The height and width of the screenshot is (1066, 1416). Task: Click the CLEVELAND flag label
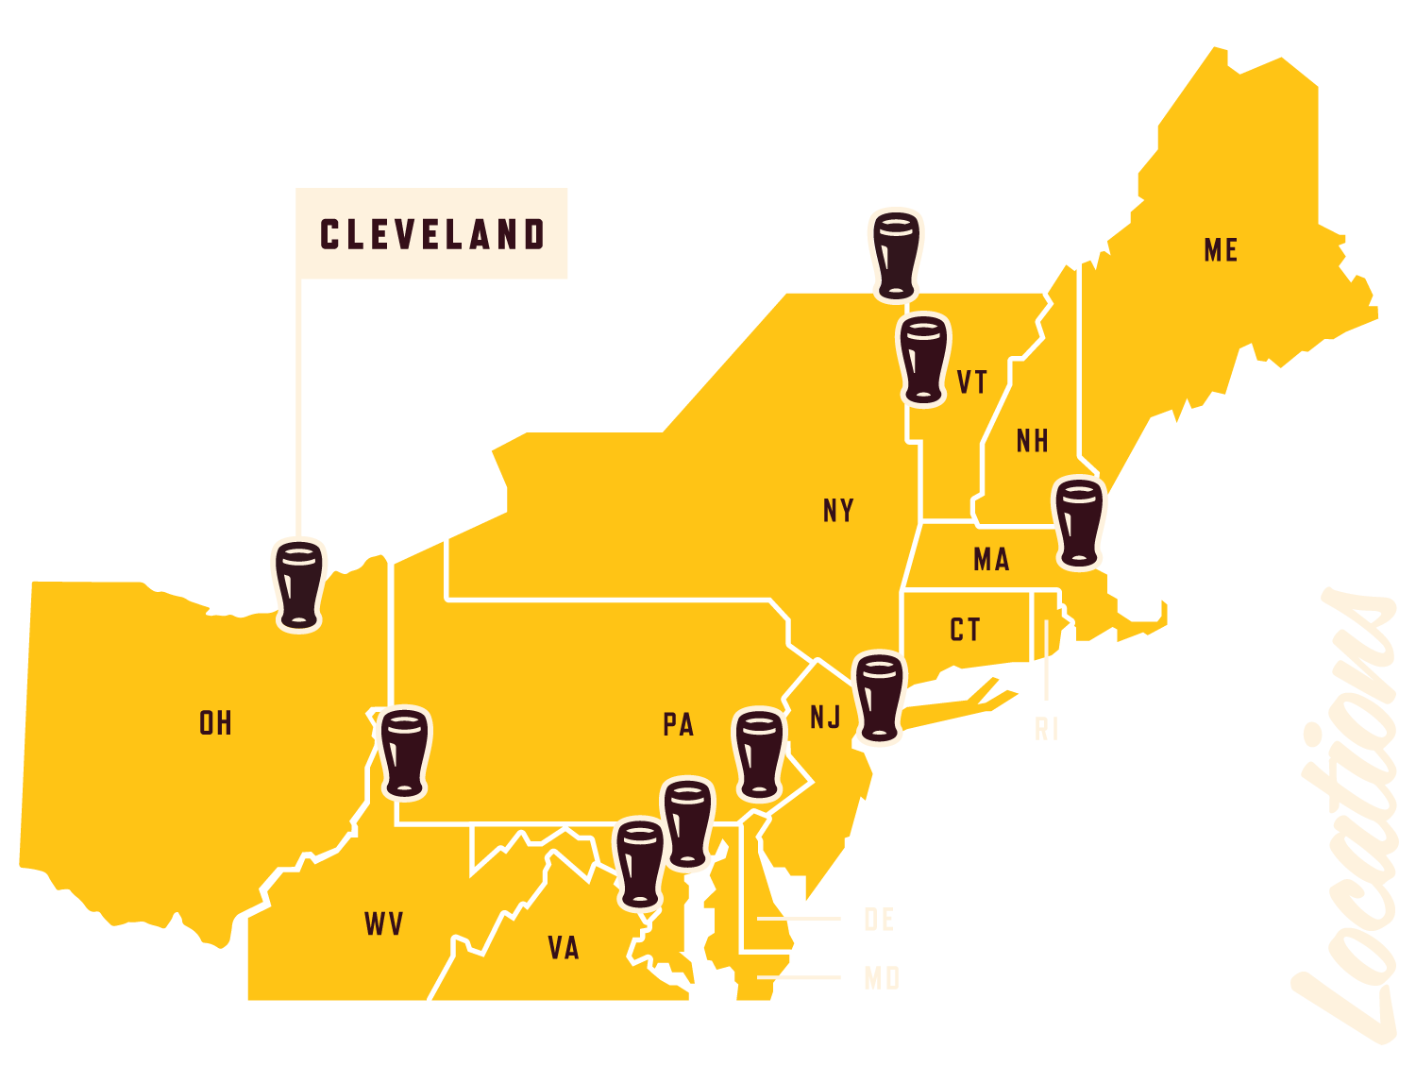point(431,234)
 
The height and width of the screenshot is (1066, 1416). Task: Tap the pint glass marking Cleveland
point(299,584)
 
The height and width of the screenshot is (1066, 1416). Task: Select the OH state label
point(215,723)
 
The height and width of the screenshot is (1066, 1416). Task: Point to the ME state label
point(1221,250)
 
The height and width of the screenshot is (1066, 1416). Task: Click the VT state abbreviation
point(972,382)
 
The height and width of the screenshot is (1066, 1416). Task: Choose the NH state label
point(1032,441)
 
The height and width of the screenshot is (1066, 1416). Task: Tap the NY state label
point(838,511)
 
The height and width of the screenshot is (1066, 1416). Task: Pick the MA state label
point(991,560)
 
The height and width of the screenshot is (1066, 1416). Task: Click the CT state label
point(965,630)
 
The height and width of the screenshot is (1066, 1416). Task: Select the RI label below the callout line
point(1046,729)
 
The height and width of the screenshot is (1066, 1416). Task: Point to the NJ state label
point(825,718)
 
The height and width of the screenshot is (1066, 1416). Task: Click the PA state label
point(678,725)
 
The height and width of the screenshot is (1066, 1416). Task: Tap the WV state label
point(384,923)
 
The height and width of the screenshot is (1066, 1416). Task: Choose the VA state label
point(564,948)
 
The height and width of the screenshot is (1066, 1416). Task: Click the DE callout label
point(879,920)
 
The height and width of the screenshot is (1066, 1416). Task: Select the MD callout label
point(882,978)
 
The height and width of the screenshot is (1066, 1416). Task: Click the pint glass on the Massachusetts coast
point(1079,523)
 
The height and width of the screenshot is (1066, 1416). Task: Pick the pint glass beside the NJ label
point(879,698)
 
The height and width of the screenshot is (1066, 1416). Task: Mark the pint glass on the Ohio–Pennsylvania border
point(404,753)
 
